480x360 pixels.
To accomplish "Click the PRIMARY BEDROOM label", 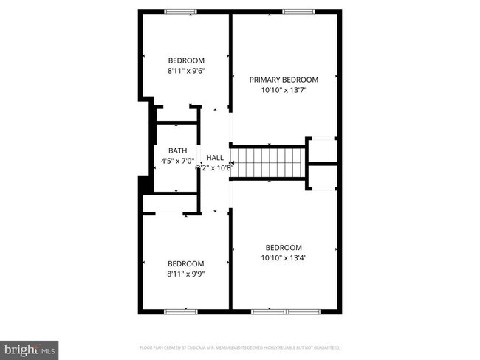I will tap(284, 80).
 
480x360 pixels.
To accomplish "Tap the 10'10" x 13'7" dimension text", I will tap(284, 91).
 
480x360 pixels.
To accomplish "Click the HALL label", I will tap(215, 157).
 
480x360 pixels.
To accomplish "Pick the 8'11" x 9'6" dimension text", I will tap(186, 72).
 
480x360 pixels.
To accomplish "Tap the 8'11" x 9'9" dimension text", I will tap(185, 274).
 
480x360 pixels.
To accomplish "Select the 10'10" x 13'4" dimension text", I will tap(284, 257).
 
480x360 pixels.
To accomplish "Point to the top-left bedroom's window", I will tap(179, 11).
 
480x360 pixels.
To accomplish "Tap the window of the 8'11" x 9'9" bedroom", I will tap(179, 311).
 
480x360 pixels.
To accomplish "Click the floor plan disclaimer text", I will tap(240, 347).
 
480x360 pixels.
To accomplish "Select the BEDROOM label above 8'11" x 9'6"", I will tap(186, 60).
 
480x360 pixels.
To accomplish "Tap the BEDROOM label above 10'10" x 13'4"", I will tap(284, 247).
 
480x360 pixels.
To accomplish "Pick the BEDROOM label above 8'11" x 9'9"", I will tap(185, 263).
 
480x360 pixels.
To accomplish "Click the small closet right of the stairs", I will tap(321, 149).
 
